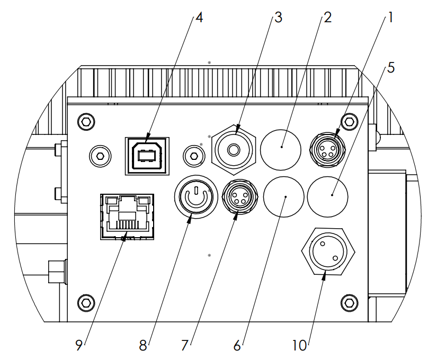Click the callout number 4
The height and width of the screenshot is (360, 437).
pyautogui.click(x=199, y=17)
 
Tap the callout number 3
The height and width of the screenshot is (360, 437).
pyautogui.click(x=279, y=17)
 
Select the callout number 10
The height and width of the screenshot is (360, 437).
pyautogui.click(x=299, y=346)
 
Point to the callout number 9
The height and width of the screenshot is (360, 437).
pyautogui.click(x=79, y=346)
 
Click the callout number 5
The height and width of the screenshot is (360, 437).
pyautogui.click(x=391, y=68)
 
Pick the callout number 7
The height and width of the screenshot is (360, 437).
pyautogui.click(x=185, y=346)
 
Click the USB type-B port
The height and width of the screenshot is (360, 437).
pyautogui.click(x=147, y=156)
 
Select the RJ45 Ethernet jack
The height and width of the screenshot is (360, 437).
pyautogui.click(x=127, y=217)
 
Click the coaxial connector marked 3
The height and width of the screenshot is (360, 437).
pyautogui.click(x=234, y=150)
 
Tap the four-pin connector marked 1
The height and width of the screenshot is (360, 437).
pyautogui.click(x=327, y=150)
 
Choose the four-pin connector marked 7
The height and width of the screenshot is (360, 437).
pyautogui.click(x=239, y=197)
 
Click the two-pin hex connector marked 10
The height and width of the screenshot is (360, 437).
pyautogui.click(x=328, y=251)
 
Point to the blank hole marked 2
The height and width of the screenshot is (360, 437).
pyautogui.click(x=281, y=150)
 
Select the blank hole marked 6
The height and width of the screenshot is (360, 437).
pyautogui.click(x=283, y=197)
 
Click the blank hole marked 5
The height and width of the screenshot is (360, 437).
pyautogui.click(x=327, y=197)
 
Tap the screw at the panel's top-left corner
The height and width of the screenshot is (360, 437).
pyautogui.click(x=86, y=122)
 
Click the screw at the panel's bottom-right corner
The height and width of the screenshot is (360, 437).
pyautogui.click(x=350, y=303)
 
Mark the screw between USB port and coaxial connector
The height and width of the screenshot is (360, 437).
pyautogui.click(x=194, y=156)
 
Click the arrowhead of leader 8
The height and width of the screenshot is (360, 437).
pyautogui.click(x=189, y=219)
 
